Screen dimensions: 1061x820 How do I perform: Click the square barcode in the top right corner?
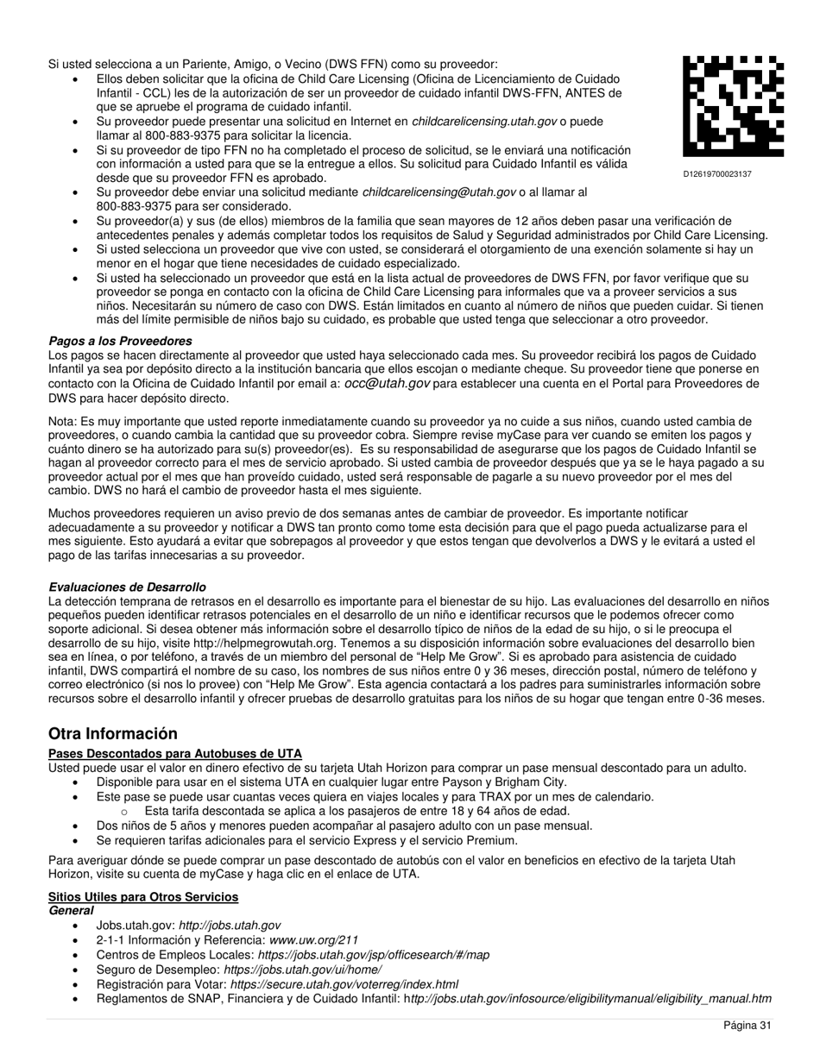[x=734, y=105]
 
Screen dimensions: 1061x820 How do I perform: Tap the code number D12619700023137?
[x=717, y=174]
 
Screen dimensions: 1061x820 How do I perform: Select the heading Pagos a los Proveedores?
[x=120, y=342]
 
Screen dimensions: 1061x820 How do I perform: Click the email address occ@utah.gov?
[x=387, y=384]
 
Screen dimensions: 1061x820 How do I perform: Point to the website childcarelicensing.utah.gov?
[x=484, y=122]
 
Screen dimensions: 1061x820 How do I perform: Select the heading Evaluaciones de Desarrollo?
[x=127, y=587]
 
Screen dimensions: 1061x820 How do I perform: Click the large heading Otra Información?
[x=113, y=734]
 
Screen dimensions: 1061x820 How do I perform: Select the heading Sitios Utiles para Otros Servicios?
[x=143, y=897]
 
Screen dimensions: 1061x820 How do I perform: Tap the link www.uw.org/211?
[x=314, y=940]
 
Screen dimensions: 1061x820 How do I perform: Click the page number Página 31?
[x=747, y=1026]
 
